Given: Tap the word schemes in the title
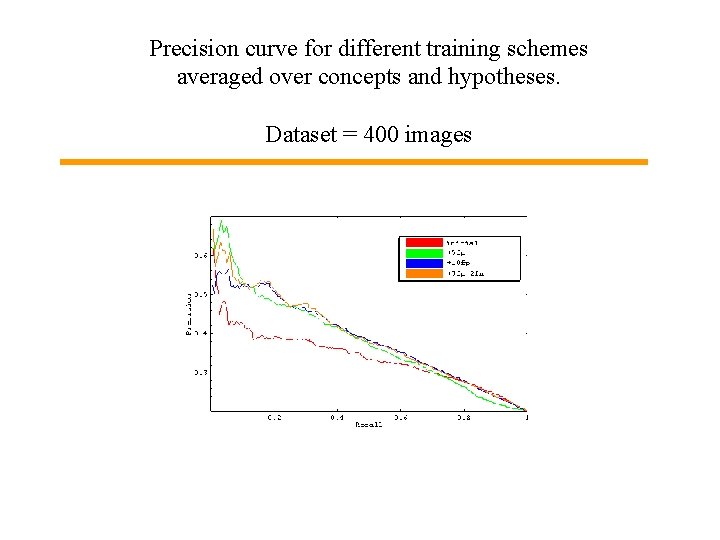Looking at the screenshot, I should [549, 48].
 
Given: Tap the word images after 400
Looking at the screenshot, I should [438, 134].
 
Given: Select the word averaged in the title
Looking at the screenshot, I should [217, 76].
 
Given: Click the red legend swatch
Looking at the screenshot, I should [422, 242].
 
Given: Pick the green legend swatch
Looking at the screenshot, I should [422, 252].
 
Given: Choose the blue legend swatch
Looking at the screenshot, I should [422, 262].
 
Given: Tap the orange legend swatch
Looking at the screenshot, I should [422, 272].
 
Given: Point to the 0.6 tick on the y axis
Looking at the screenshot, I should [200, 256].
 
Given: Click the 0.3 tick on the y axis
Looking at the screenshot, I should [200, 372].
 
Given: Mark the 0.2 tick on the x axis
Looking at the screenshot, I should [273, 418].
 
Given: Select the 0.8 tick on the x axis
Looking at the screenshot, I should [464, 418].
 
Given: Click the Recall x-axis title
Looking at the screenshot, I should [368, 426].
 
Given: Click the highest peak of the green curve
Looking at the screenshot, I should [222, 221].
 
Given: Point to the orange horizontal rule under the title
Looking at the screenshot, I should [353, 161].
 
